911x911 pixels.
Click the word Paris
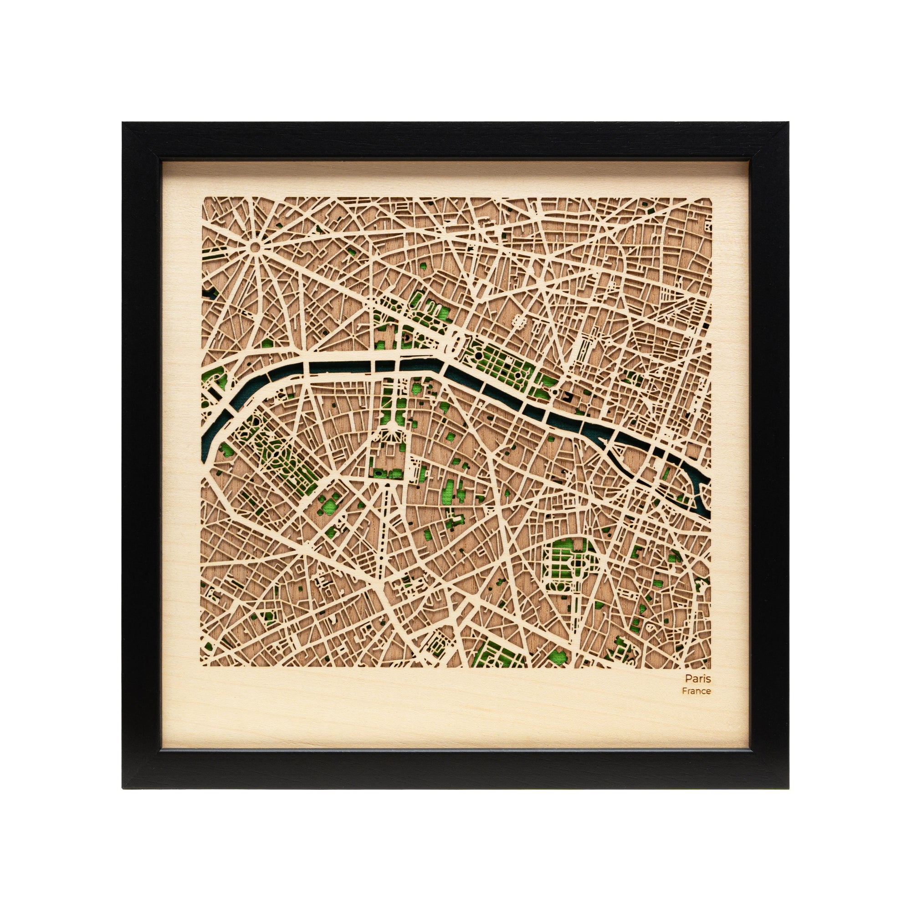click(x=698, y=679)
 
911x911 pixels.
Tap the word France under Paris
click(x=696, y=691)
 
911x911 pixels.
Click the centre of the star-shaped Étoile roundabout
click(x=255, y=246)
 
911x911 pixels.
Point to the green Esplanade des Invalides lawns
click(x=391, y=405)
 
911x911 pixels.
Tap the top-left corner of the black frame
click(x=123, y=123)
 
